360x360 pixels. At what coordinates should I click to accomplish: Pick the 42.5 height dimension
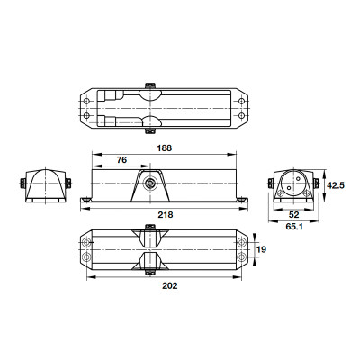coord(334,185)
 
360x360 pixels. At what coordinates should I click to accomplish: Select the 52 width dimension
coord(294,215)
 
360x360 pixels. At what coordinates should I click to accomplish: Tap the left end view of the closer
coord(42,185)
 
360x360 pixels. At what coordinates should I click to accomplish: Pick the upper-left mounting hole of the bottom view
coord(86,243)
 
